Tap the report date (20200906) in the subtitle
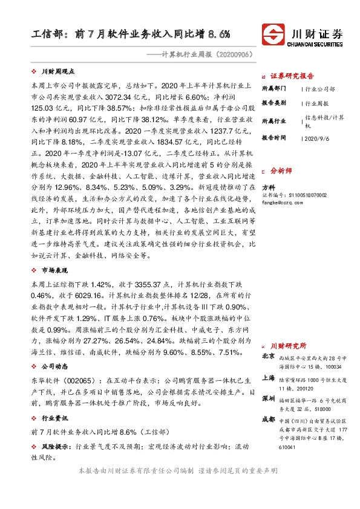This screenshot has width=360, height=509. (x=232, y=54)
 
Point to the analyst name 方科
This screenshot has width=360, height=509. (x=268, y=187)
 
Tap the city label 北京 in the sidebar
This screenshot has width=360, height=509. (x=268, y=356)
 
